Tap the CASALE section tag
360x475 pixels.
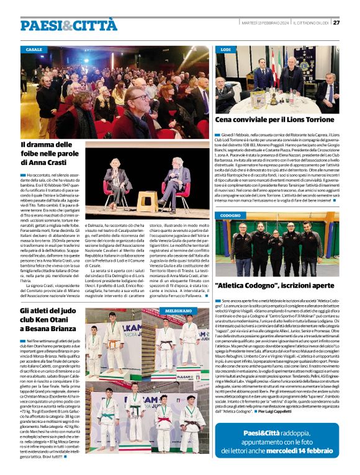[35, 49]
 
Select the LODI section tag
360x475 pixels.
[226, 49]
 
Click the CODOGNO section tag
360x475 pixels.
[230, 215]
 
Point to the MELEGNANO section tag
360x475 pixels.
[178, 309]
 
